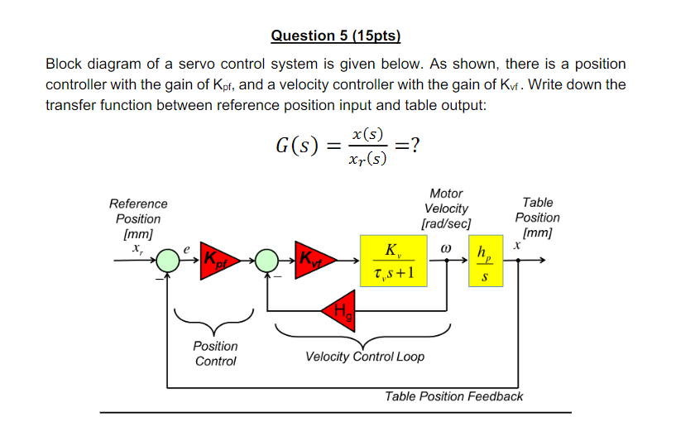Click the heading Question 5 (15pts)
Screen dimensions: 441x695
click(335, 36)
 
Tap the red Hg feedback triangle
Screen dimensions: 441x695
click(340, 309)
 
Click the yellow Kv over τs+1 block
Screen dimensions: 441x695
click(394, 260)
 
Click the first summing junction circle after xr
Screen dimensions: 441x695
click(169, 261)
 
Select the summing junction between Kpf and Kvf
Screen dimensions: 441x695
click(266, 261)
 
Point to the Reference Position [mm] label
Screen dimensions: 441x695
click(138, 218)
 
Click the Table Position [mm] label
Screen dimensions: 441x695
click(537, 218)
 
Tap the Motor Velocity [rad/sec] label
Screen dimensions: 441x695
click(446, 209)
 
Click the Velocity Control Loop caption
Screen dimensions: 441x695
click(365, 357)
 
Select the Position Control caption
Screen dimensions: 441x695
click(216, 353)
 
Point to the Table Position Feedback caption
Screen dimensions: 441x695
click(453, 396)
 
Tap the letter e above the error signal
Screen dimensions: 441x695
click(187, 247)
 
